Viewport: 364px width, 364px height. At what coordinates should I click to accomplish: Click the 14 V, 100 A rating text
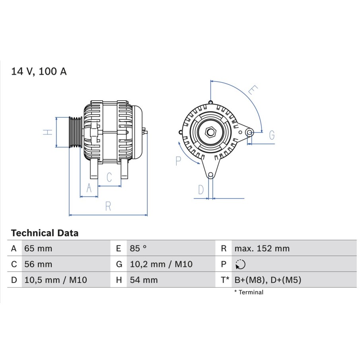point(39,71)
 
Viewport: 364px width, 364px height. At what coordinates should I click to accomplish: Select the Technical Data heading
point(45,233)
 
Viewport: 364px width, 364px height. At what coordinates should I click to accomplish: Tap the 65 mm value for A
point(38,248)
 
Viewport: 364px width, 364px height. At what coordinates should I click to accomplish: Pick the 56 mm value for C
point(38,264)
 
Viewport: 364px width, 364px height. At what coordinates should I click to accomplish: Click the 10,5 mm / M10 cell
point(56,280)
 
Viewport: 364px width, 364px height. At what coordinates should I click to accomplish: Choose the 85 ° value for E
point(138,248)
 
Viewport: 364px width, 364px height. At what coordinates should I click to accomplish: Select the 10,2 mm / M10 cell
point(161,264)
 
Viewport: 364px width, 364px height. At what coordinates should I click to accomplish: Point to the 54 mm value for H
point(144,280)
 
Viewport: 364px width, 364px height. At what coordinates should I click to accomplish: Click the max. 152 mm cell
point(262,248)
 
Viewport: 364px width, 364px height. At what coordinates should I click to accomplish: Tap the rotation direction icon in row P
point(240,264)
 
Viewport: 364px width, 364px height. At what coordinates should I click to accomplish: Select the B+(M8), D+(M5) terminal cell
point(268,280)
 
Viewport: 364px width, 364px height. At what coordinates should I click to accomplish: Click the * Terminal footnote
point(249,292)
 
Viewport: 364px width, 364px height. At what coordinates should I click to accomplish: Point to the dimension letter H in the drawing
point(48,132)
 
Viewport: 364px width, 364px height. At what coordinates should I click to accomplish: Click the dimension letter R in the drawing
point(108,206)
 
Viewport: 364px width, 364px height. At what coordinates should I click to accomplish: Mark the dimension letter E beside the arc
point(253,90)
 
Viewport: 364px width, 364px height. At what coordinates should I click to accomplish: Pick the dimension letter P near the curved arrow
point(178,161)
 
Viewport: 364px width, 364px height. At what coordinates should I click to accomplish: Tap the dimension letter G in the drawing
point(272,135)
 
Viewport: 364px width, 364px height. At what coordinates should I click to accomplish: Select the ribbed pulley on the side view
point(76,132)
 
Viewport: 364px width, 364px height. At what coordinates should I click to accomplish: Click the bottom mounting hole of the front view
point(210,175)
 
